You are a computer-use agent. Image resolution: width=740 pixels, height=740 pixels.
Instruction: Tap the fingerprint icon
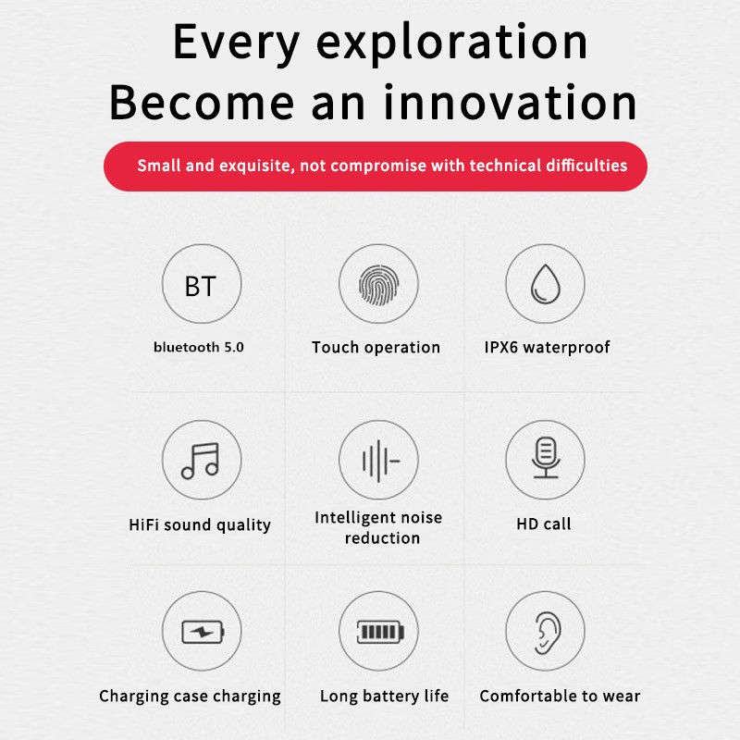tap(378, 285)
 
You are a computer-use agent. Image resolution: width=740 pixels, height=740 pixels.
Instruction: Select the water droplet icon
tap(545, 284)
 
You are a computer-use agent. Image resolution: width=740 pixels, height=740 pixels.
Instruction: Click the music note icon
tap(201, 461)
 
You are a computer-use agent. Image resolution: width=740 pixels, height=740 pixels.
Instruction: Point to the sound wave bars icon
tap(380, 461)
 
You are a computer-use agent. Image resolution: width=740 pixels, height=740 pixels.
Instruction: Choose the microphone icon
tap(546, 458)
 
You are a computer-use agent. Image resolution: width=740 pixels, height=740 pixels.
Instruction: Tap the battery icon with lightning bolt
tap(203, 632)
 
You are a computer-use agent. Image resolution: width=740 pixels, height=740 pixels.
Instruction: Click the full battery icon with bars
tap(380, 632)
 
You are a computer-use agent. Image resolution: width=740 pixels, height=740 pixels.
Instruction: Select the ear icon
tap(548, 633)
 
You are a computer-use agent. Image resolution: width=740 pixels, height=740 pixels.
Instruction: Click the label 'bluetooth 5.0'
tap(199, 348)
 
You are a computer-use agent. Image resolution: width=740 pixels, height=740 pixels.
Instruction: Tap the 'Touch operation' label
tap(376, 348)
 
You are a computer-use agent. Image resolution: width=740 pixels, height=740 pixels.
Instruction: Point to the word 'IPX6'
tap(501, 348)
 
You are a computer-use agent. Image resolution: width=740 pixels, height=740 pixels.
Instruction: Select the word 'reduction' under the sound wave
tap(382, 538)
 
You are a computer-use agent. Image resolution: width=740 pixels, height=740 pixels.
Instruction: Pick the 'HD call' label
tap(544, 524)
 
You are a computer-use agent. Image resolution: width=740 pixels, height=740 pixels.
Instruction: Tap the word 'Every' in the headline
tap(236, 43)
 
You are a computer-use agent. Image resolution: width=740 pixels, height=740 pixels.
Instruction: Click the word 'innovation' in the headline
tap(511, 102)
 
